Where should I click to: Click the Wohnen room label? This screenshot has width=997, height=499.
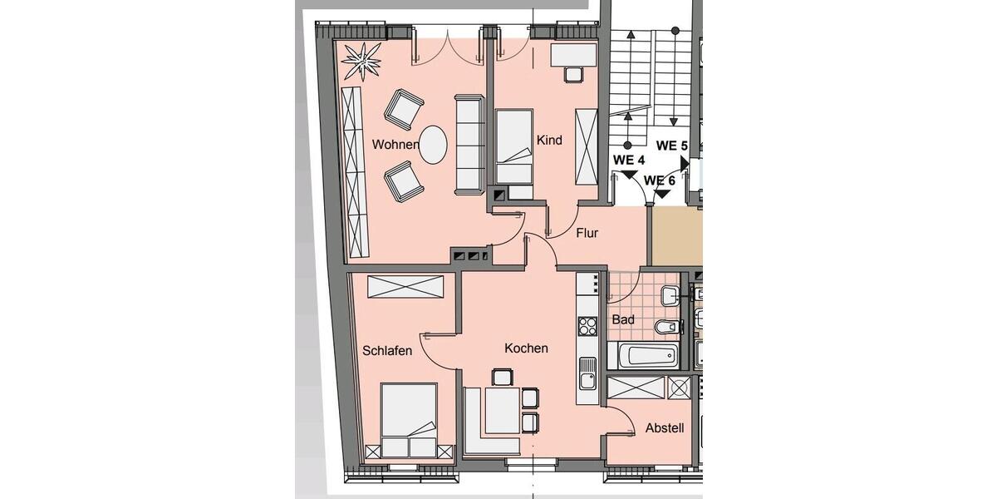(x=395, y=145)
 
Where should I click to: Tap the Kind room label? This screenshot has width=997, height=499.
(x=549, y=141)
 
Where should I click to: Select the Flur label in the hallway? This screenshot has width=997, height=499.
(x=587, y=234)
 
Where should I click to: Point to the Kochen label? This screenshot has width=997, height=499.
(x=526, y=348)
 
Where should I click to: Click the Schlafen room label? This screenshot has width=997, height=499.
(x=387, y=351)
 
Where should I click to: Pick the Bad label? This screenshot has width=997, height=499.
(x=623, y=319)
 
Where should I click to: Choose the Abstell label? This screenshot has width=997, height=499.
(x=665, y=428)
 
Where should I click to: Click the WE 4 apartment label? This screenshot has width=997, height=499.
(x=629, y=160)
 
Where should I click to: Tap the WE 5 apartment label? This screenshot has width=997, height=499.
(x=671, y=146)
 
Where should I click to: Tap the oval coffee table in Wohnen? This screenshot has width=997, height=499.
(x=433, y=145)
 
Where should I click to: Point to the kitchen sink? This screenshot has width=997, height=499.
(x=587, y=373)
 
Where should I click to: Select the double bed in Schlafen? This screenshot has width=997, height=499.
(x=409, y=420)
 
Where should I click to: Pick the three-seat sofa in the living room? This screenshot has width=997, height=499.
(x=469, y=144)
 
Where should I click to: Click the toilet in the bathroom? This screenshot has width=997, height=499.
(x=667, y=326)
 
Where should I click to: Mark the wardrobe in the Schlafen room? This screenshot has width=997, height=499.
(x=405, y=287)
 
